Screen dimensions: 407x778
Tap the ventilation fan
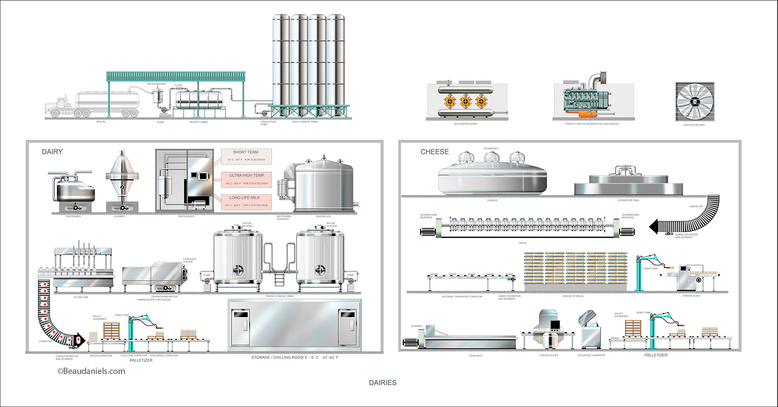click(694, 102)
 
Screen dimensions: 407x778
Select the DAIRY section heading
click(52, 152)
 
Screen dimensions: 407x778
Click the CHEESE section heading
click(434, 152)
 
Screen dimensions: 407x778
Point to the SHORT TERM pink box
click(246, 156)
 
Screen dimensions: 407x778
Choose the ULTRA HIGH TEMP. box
click(247, 178)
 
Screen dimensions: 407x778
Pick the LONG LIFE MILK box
click(246, 201)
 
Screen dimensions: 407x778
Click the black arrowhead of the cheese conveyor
click(654, 227)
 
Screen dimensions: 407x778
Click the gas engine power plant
click(588, 100)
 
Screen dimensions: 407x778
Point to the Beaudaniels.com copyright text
click(91, 371)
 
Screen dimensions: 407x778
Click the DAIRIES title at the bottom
click(383, 383)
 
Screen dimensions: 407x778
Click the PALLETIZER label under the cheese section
click(655, 355)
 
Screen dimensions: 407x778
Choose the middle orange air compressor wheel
click(465, 101)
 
